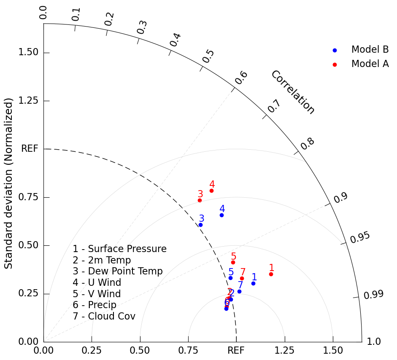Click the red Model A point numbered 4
[211, 191]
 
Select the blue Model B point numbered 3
[200, 225]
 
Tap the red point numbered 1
[271, 274]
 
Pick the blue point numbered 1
[253, 283]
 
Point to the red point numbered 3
[200, 200]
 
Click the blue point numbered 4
[221, 215]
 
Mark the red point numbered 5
[233, 262]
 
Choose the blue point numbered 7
[239, 291]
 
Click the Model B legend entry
[370, 50]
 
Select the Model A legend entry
[370, 64]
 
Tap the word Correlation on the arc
[292, 92]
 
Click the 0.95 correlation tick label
[360, 237]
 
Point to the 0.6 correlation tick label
[241, 78]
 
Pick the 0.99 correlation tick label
[373, 295]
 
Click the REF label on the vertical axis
[30, 149]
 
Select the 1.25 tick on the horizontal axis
[284, 350]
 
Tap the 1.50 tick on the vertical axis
[28, 53]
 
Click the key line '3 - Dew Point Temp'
[118, 271]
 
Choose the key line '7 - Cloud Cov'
[104, 316]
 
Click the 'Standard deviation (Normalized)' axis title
[9, 183]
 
